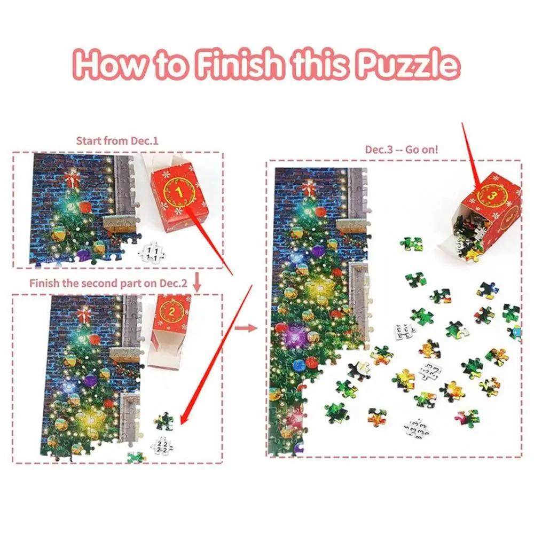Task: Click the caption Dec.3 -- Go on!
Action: (401, 149)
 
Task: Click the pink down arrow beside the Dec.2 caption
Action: (196, 283)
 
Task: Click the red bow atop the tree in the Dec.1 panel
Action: (71, 178)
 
